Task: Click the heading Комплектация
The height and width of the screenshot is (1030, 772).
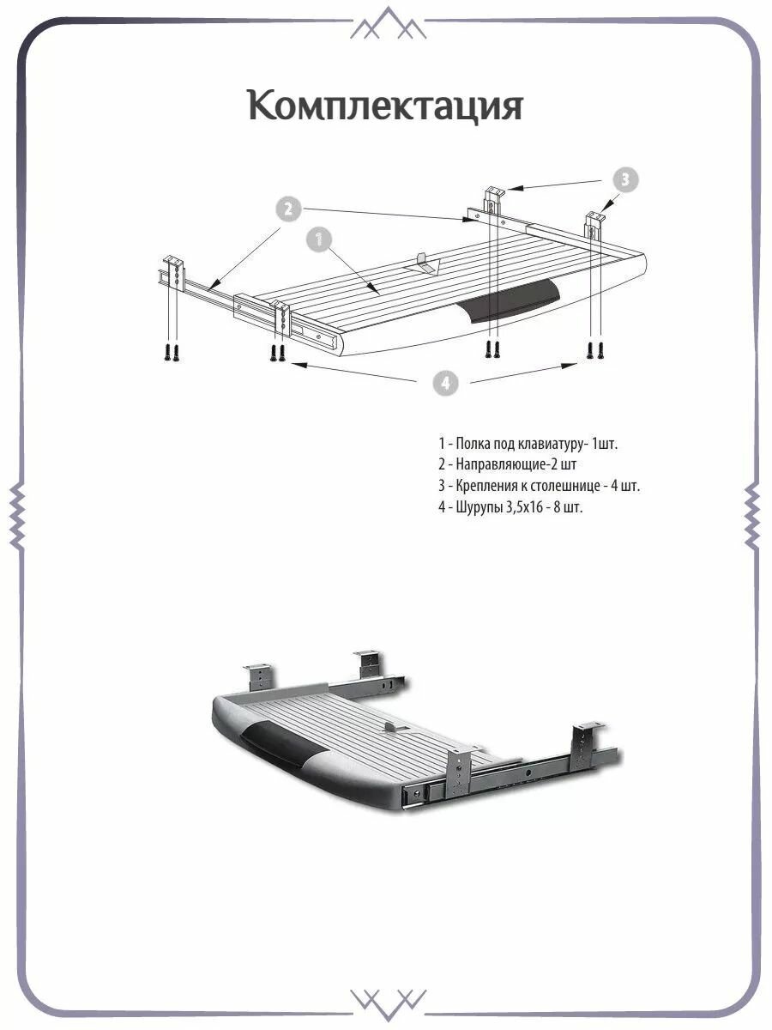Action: point(385,105)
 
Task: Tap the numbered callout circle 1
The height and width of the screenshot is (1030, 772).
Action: point(319,239)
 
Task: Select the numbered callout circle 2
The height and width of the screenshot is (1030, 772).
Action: point(288,209)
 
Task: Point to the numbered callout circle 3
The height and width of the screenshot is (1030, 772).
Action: point(625,179)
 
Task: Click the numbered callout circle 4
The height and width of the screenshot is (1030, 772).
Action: point(446,383)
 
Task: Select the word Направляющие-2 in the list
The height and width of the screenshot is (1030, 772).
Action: point(509,464)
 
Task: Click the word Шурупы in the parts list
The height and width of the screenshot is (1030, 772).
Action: point(478,507)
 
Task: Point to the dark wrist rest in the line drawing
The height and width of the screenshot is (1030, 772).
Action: point(508,300)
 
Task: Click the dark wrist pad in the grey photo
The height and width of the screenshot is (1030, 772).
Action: point(280,745)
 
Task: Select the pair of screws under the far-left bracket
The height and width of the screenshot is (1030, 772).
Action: point(171,353)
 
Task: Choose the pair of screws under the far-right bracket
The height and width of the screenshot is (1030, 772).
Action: point(595,350)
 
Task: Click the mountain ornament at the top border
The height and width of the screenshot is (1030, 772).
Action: point(388,22)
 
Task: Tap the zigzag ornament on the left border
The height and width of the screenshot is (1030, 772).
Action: point(17,515)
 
